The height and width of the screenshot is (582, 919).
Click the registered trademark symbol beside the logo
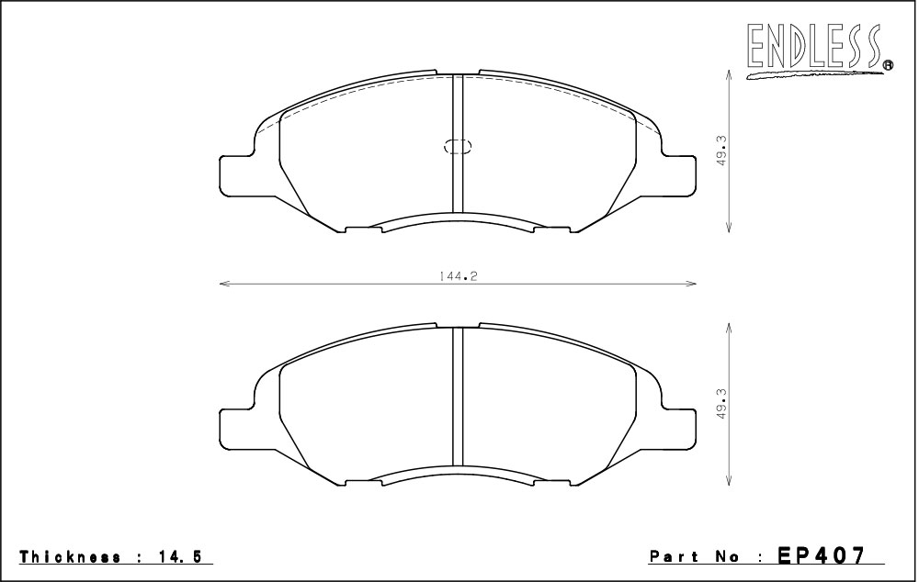pos(888,65)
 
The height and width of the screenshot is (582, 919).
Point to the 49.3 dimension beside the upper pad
pos(721,151)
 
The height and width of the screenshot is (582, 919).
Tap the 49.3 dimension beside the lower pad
pos(721,404)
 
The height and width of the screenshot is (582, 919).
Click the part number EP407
pos(821,555)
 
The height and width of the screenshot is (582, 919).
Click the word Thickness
pos(71,557)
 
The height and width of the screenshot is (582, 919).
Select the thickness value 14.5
pos(178,557)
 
